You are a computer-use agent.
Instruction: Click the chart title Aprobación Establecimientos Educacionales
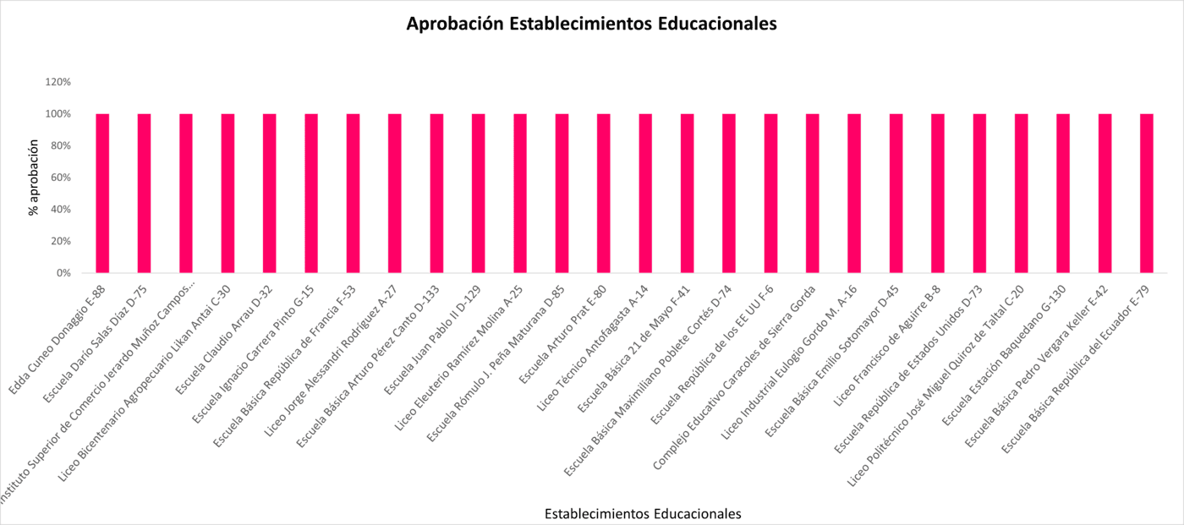pyautogui.click(x=591, y=25)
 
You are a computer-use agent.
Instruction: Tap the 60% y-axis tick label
pyautogui.click(x=61, y=178)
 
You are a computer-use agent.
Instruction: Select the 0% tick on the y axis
pyautogui.click(x=63, y=273)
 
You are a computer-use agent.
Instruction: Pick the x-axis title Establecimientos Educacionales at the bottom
pyautogui.click(x=643, y=513)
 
